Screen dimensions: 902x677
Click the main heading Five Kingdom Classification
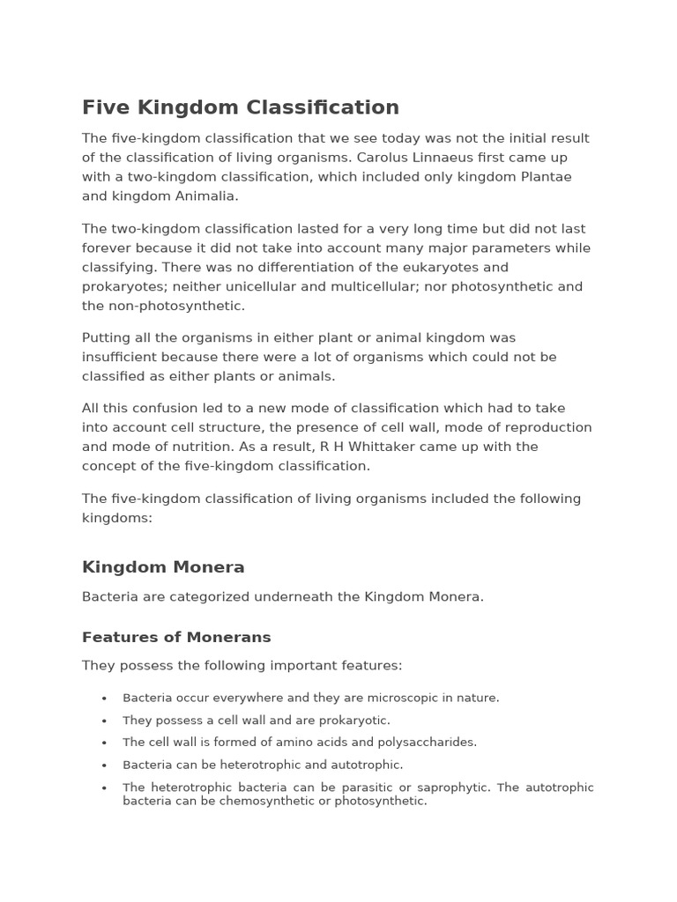click(x=241, y=107)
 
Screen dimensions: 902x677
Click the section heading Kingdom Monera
click(x=163, y=567)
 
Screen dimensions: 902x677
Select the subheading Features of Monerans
click(x=176, y=637)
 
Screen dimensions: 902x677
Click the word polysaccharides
click(x=429, y=743)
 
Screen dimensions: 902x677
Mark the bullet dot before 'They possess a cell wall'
click(x=104, y=721)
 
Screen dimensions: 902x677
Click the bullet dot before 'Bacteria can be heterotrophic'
click(x=104, y=766)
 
